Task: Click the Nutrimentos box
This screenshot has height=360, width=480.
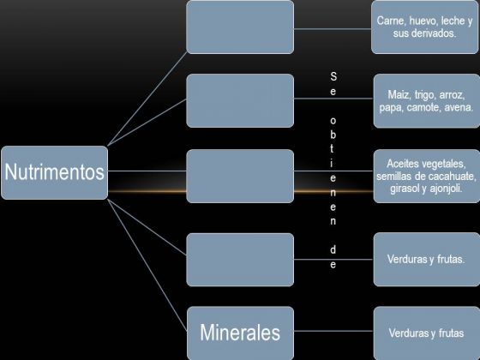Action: coord(55,172)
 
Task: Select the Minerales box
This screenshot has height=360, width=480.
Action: coord(240,333)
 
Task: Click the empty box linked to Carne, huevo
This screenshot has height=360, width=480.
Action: coord(240,27)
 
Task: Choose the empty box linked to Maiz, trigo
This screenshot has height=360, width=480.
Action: coord(240,101)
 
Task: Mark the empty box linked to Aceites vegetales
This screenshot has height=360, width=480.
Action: coord(240,176)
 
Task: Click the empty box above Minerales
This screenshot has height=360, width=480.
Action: coord(240,260)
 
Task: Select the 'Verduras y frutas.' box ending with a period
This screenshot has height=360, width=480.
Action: coord(427,260)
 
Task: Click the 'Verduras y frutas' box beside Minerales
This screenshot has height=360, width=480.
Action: coord(427,333)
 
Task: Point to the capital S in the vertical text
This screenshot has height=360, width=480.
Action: coord(333,76)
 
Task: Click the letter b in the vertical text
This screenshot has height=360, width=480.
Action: coord(333,135)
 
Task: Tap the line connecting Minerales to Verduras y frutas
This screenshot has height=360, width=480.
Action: coord(333,331)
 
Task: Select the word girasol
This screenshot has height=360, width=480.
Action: coord(405,189)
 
